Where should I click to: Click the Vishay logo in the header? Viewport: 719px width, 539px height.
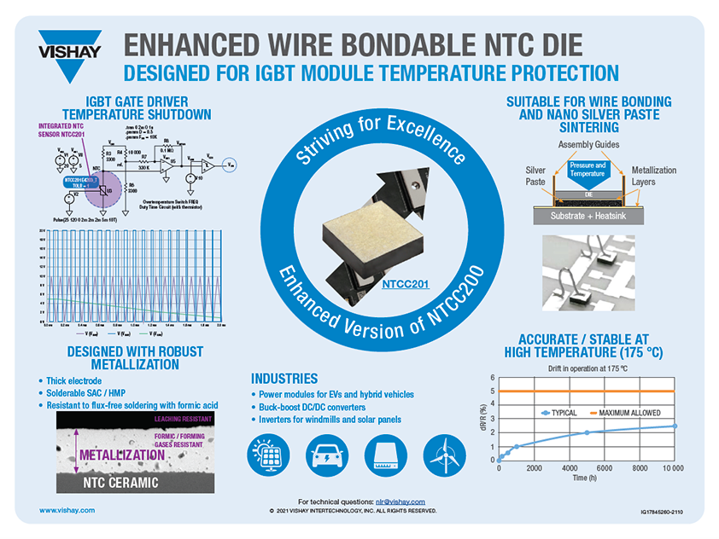point(70,46)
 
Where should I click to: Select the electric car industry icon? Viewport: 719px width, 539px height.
point(326,453)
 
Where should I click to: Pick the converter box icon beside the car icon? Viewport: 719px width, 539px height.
point(384,453)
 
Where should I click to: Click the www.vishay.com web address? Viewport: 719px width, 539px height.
point(67,509)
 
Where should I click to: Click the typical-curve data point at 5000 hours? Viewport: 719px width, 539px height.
point(587,432)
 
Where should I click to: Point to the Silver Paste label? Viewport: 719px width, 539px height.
point(535,177)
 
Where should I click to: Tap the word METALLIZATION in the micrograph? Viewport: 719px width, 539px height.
point(121,455)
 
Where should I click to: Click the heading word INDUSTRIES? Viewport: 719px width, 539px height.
point(284,378)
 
